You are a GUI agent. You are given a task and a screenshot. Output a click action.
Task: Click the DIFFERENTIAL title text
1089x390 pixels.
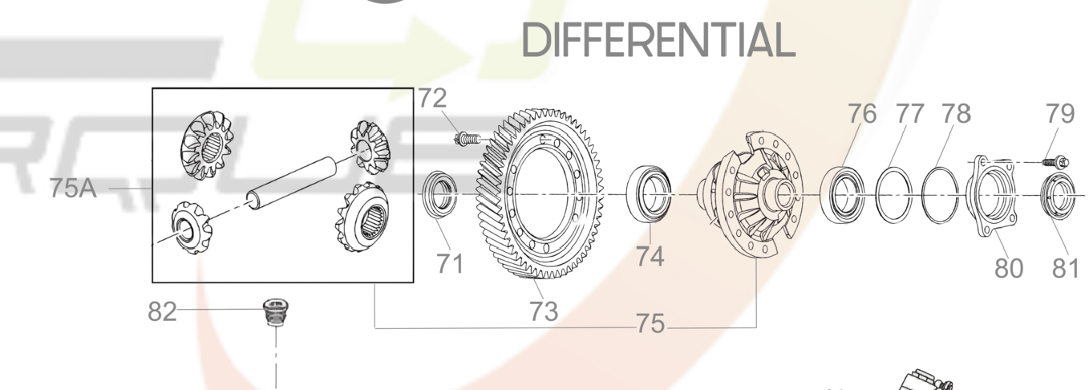point(658,40)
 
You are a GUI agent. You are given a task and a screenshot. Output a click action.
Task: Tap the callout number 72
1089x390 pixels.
point(432,98)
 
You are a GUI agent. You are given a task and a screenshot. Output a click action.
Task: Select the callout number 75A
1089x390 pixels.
point(73,188)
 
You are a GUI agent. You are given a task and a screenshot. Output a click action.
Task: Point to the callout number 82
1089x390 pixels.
point(162,311)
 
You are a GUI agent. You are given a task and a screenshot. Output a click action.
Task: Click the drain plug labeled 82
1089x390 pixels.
point(276,313)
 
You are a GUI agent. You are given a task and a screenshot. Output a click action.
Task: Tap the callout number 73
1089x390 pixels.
point(544,311)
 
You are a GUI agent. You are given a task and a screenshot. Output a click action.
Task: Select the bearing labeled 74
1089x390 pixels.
point(649,194)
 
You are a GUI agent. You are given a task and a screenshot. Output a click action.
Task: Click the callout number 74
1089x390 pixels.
point(650,256)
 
